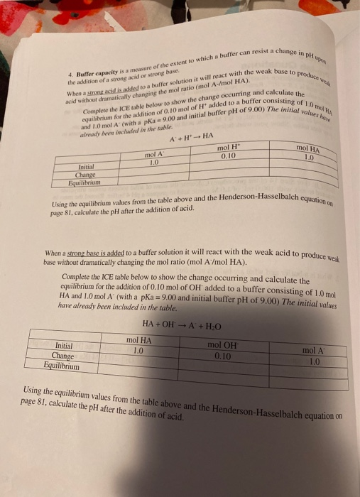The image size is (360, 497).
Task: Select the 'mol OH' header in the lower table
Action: pyautogui.click(x=224, y=346)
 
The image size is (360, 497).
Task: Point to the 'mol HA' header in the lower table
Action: pyautogui.click(x=139, y=340)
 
